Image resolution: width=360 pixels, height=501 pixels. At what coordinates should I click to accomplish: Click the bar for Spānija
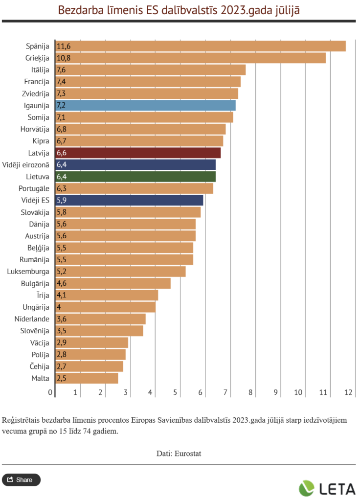[x=201, y=46]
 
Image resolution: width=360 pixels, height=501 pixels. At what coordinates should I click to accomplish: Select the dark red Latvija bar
[x=138, y=153]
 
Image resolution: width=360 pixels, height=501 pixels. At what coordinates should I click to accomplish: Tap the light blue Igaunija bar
[x=146, y=105]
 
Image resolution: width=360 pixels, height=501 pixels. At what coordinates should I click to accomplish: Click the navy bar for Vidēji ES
[x=129, y=200]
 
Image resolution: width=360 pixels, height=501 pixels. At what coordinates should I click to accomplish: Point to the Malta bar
[x=87, y=378]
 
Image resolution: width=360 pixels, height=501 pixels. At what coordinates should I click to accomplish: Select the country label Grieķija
[x=38, y=58]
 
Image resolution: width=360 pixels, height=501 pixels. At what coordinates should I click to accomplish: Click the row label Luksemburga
[x=28, y=272]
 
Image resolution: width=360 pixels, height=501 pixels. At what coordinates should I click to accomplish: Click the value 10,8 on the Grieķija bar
[x=64, y=58]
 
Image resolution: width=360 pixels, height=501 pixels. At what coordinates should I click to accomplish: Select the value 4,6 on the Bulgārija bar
[x=62, y=283]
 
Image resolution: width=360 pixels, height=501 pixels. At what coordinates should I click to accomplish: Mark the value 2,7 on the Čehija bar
[x=62, y=366]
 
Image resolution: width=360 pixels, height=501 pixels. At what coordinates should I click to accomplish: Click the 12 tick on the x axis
[x=348, y=392]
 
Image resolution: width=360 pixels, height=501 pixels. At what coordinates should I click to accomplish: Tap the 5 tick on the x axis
[x=175, y=392]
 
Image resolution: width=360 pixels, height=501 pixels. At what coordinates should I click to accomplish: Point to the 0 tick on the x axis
[x=50, y=392]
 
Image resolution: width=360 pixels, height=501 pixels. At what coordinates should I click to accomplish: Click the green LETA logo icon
[x=307, y=488]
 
